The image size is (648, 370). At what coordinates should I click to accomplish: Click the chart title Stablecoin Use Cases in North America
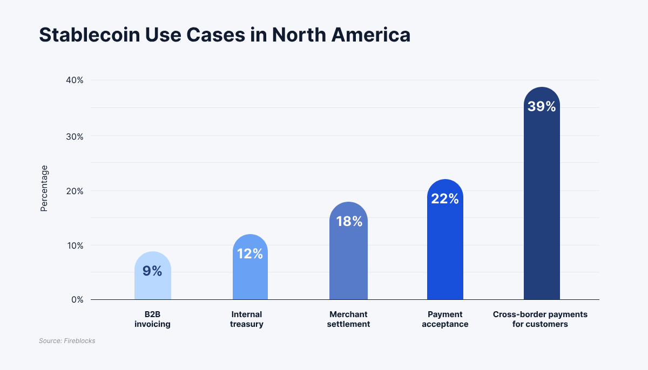pyautogui.click(x=225, y=35)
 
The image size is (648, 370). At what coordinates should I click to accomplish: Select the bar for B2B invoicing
pyautogui.click(x=153, y=283)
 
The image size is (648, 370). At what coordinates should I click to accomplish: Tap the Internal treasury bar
pyautogui.click(x=250, y=275)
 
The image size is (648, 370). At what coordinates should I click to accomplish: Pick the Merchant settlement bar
pyautogui.click(x=348, y=259)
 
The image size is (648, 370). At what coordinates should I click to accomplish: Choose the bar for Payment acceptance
pyautogui.click(x=445, y=248)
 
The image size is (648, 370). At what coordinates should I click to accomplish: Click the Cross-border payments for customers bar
pyautogui.click(x=542, y=205)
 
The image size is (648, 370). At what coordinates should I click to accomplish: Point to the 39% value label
pyautogui.click(x=542, y=107)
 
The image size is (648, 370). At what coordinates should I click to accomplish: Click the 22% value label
pyautogui.click(x=445, y=199)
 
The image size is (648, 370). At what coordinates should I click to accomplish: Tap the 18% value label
pyautogui.click(x=349, y=221)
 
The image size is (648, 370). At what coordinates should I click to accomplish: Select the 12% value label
pyautogui.click(x=250, y=253)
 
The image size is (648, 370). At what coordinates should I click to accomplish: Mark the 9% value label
pyautogui.click(x=152, y=271)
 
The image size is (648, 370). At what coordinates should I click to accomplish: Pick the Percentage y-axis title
pyautogui.click(x=44, y=188)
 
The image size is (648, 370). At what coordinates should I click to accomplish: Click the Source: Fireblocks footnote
pyautogui.click(x=67, y=341)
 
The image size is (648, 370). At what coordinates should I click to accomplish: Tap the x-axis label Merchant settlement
pyautogui.click(x=348, y=319)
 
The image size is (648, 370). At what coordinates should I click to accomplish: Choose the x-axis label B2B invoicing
pyautogui.click(x=152, y=319)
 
